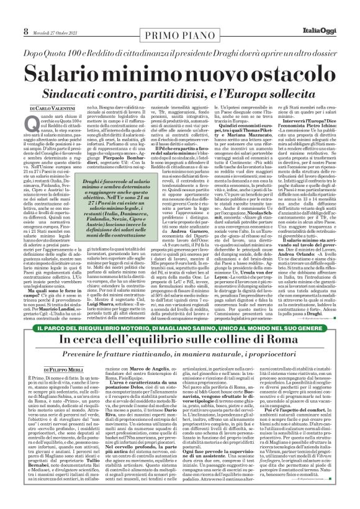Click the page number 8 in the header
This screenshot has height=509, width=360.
coord(9,12)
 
